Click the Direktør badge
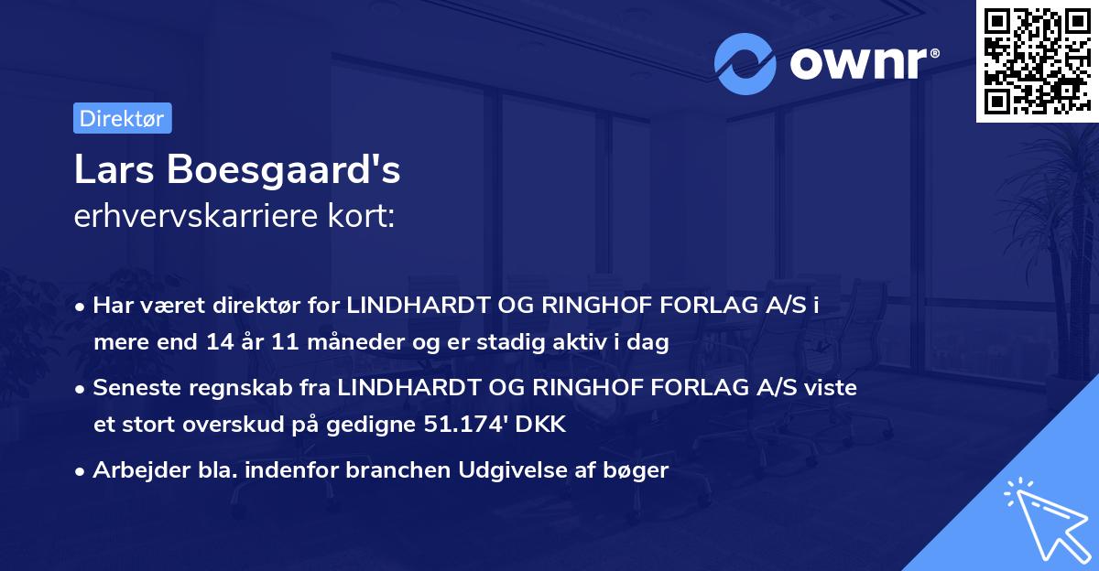tap(122, 118)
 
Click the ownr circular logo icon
tap(745, 62)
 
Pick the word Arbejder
tap(133, 470)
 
